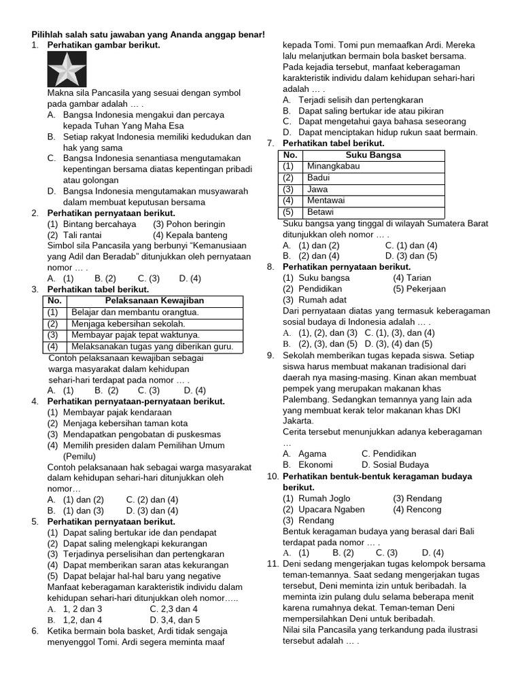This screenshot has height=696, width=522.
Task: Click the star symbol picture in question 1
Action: point(66,69)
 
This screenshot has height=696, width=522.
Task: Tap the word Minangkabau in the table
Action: point(333,166)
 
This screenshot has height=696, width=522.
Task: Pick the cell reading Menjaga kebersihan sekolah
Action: point(129,324)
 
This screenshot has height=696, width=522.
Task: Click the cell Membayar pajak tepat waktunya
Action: point(135,335)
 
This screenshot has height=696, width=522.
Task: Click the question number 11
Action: point(273,563)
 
